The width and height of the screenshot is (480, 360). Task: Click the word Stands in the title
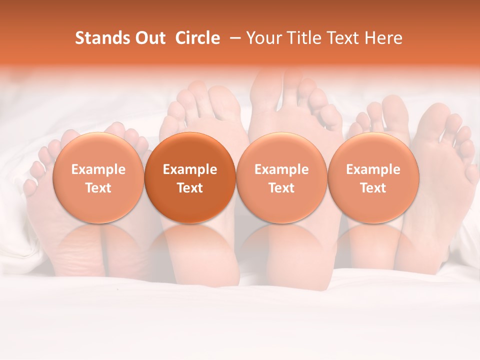click(102, 38)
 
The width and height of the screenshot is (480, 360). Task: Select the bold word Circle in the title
click(197, 38)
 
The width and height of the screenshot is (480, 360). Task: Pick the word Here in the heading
click(384, 38)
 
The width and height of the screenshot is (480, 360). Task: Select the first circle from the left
click(98, 178)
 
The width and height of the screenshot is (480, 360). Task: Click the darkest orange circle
click(190, 178)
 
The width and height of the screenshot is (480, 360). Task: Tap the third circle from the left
click(281, 178)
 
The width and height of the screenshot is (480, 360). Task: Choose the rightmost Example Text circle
click(373, 178)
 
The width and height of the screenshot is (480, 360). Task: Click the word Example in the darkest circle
click(190, 169)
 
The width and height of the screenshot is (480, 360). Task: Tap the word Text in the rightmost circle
click(373, 188)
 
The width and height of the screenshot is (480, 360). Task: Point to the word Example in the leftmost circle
click(98, 169)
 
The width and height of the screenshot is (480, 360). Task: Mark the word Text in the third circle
click(281, 188)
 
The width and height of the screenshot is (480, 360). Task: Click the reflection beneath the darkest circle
click(190, 245)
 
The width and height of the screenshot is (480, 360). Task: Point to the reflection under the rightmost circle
click(373, 245)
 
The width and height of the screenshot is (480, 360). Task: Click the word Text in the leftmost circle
click(98, 188)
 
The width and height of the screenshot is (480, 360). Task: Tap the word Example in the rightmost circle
click(373, 169)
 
